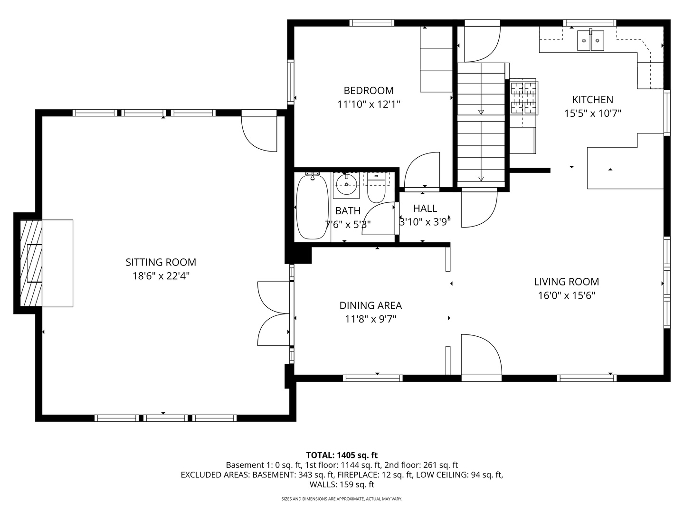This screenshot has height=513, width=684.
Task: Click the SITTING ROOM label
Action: tap(161, 262)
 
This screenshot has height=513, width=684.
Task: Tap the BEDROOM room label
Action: tap(369, 90)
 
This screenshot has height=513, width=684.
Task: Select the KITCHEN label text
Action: tap(592, 100)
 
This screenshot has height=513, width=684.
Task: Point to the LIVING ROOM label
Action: tap(566, 282)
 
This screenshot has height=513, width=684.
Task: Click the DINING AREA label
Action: tap(370, 305)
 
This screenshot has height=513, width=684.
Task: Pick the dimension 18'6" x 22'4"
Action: tap(161, 276)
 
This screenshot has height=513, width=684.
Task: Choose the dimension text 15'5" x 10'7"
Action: tap(592, 114)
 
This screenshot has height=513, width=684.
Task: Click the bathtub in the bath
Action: tap(312, 207)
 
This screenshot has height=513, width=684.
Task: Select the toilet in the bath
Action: tap(377, 190)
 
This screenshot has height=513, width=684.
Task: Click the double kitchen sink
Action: tap(590, 40)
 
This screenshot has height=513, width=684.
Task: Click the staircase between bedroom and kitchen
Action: tap(481, 123)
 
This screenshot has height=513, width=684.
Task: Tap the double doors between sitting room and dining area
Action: tap(274, 313)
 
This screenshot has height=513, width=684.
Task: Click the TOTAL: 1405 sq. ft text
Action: tap(342, 455)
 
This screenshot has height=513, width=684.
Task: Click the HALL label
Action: tap(425, 209)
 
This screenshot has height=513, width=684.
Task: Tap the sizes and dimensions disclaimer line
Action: tap(342, 499)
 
